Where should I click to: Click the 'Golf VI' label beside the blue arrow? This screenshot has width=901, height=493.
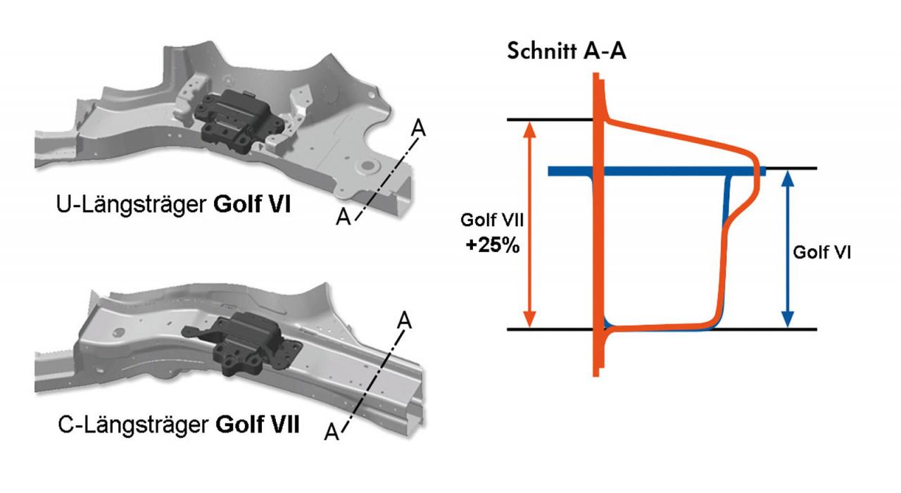pos(821,251)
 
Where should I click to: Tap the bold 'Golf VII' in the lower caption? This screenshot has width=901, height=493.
pos(258,426)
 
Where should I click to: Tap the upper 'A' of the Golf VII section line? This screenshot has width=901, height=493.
pos(404,318)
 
